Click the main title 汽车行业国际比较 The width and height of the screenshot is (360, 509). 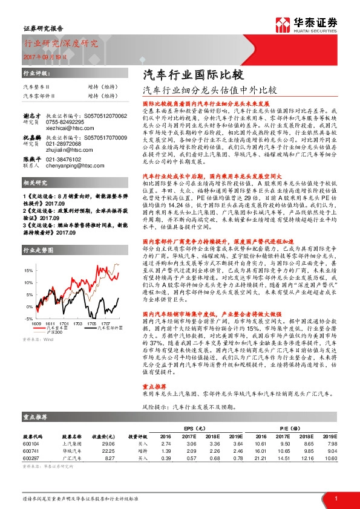[x=192, y=76]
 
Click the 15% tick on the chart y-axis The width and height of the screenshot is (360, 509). [x=29, y=271]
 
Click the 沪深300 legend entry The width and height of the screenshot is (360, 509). [x=55, y=331]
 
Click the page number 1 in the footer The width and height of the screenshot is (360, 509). [x=335, y=498]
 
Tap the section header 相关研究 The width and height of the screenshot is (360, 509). [x=35, y=182]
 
